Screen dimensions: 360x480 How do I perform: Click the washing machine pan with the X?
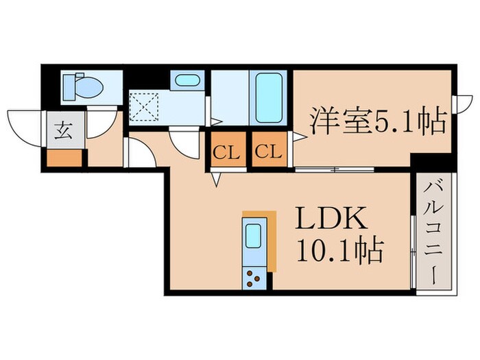(x=145, y=107)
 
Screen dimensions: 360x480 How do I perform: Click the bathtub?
(x=270, y=97)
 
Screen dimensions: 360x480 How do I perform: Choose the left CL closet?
(x=225, y=152)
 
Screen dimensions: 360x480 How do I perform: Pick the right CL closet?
(x=270, y=152)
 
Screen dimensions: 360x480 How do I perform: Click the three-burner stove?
(x=254, y=278)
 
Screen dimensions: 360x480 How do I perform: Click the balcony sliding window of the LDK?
(x=413, y=250)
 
